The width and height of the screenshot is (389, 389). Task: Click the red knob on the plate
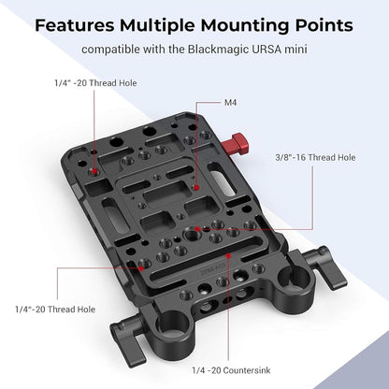(x=240, y=142)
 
